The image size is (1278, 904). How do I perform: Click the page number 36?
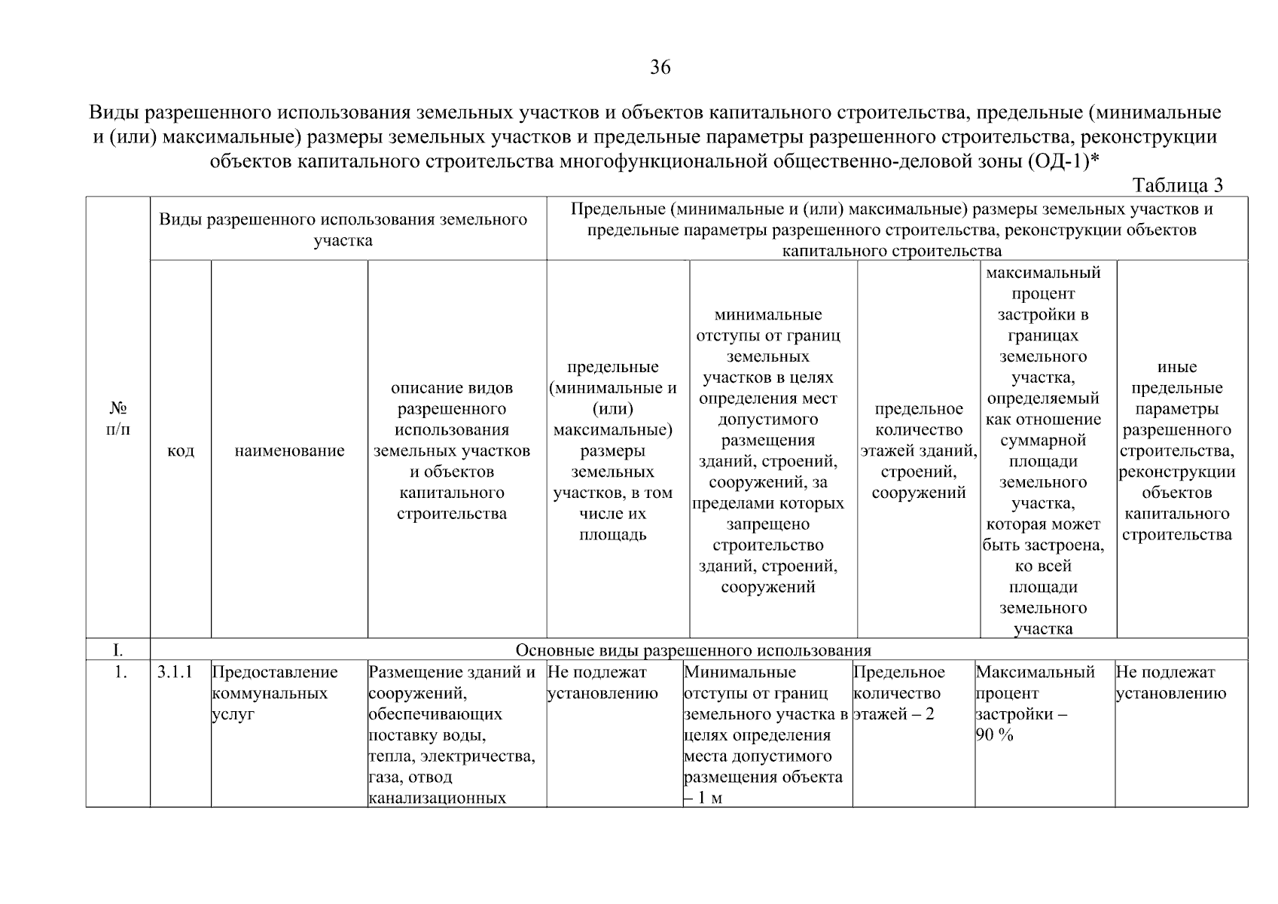660,68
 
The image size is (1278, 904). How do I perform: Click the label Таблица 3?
1178,185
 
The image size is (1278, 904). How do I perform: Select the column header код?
181,450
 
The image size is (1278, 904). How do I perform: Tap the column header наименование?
290,450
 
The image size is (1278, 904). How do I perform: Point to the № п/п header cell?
118,419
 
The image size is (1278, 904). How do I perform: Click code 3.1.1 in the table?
175,672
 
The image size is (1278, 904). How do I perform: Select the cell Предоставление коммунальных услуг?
275,693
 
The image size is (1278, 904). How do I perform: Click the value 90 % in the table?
995,735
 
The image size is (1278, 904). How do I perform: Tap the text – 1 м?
703,798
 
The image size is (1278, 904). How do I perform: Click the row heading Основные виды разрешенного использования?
693,650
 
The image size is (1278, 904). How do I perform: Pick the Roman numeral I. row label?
118,650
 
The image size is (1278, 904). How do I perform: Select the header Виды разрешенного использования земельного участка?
343,230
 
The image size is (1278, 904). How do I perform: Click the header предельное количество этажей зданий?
919,450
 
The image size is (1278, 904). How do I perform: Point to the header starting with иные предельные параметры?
1177,450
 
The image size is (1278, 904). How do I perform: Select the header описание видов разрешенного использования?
452,450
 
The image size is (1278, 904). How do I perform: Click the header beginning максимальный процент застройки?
1043,450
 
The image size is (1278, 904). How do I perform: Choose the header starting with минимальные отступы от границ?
768,450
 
